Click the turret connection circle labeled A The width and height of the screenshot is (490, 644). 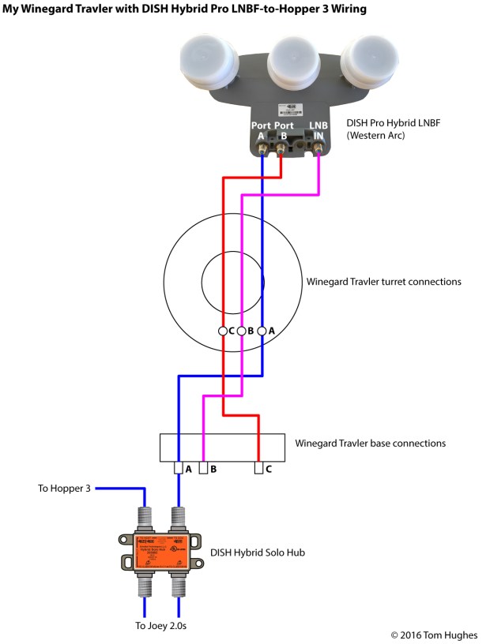pos(262,331)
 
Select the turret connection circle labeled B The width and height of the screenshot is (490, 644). pos(242,331)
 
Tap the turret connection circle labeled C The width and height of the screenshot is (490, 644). pos(223,331)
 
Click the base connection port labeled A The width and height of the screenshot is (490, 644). pos(179,469)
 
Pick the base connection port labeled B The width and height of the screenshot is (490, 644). pos(203,469)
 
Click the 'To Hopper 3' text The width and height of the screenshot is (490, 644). pos(66,489)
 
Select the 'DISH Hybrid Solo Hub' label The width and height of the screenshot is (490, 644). pos(257,552)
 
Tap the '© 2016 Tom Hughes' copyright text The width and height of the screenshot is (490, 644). pos(434,634)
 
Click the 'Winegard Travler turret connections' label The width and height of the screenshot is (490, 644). pos(383,282)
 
